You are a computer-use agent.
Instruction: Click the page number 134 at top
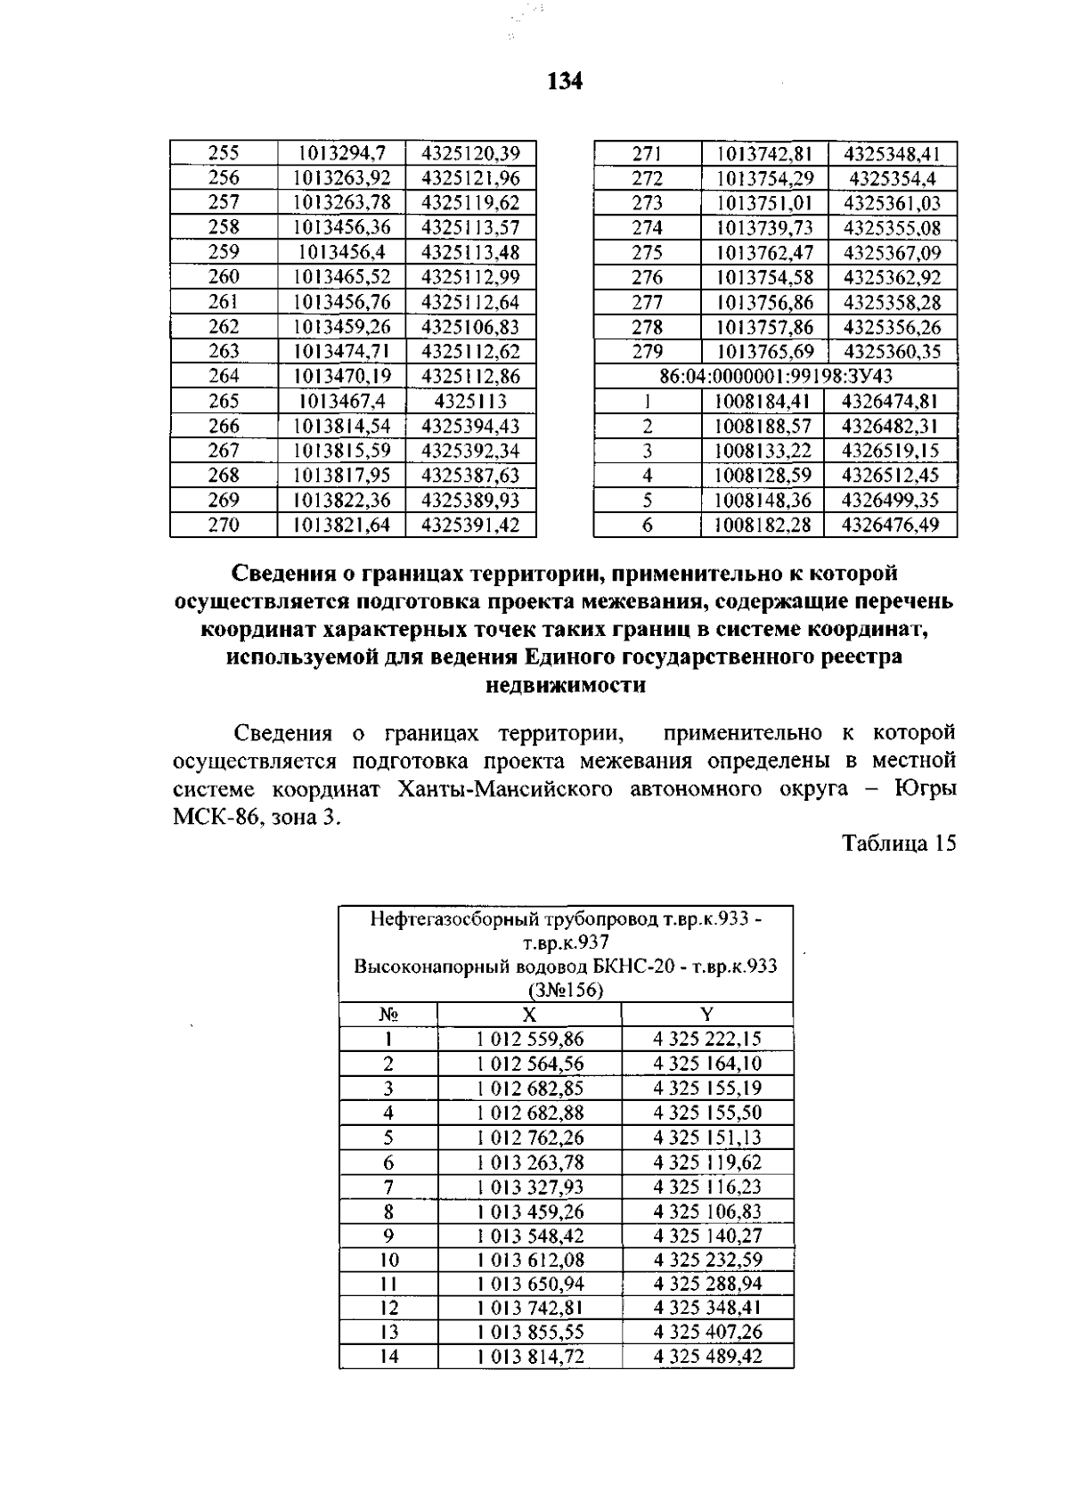(565, 82)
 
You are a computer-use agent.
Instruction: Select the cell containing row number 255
(224, 153)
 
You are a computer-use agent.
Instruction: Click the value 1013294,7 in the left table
(341, 153)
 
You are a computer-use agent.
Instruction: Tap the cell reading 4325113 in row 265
(470, 401)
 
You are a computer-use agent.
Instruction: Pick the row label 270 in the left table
(224, 526)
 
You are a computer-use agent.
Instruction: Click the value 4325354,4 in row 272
(892, 178)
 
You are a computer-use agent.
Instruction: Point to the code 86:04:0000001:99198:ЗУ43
(775, 376)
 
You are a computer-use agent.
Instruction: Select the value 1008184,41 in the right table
(763, 401)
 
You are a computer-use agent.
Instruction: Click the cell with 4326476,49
(891, 526)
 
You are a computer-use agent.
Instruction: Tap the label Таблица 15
(899, 843)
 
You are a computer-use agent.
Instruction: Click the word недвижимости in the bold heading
(565, 686)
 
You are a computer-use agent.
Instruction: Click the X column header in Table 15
(529, 1014)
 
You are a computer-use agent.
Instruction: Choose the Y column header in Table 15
(706, 1014)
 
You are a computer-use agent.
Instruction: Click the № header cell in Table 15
(388, 1014)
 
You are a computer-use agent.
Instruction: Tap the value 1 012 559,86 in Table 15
(529, 1039)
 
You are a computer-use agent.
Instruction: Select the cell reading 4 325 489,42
(706, 1357)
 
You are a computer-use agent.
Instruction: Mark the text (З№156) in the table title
(565, 990)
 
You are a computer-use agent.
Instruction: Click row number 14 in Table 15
(388, 1357)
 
